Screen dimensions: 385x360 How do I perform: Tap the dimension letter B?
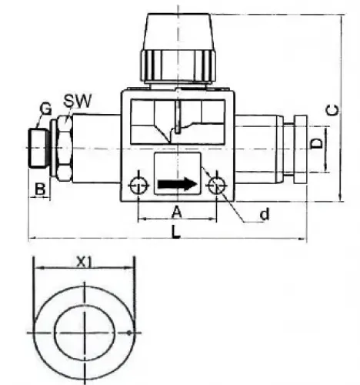pyautogui.click(x=38, y=187)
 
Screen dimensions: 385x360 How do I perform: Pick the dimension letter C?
pyautogui.click(x=332, y=109)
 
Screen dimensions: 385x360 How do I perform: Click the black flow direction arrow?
pyautogui.click(x=176, y=184)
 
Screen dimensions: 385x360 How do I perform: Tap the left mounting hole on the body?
pyautogui.click(x=138, y=185)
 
